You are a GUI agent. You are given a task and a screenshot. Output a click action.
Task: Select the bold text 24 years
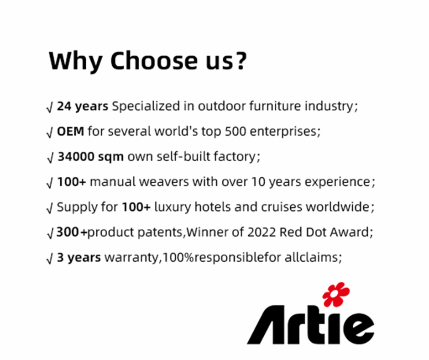coord(82,107)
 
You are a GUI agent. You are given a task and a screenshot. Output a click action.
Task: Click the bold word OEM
coord(71,132)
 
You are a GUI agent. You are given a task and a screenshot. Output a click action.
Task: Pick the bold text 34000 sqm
coord(90,157)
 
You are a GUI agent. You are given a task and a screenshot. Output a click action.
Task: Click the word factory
coord(235,157)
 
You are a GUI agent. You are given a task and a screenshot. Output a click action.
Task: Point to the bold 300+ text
coord(72,232)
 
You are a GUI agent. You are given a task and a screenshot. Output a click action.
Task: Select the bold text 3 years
coord(78,257)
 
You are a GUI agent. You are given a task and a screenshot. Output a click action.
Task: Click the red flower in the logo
coord(336,294)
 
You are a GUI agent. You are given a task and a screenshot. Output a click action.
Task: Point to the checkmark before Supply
coord(50,208)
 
